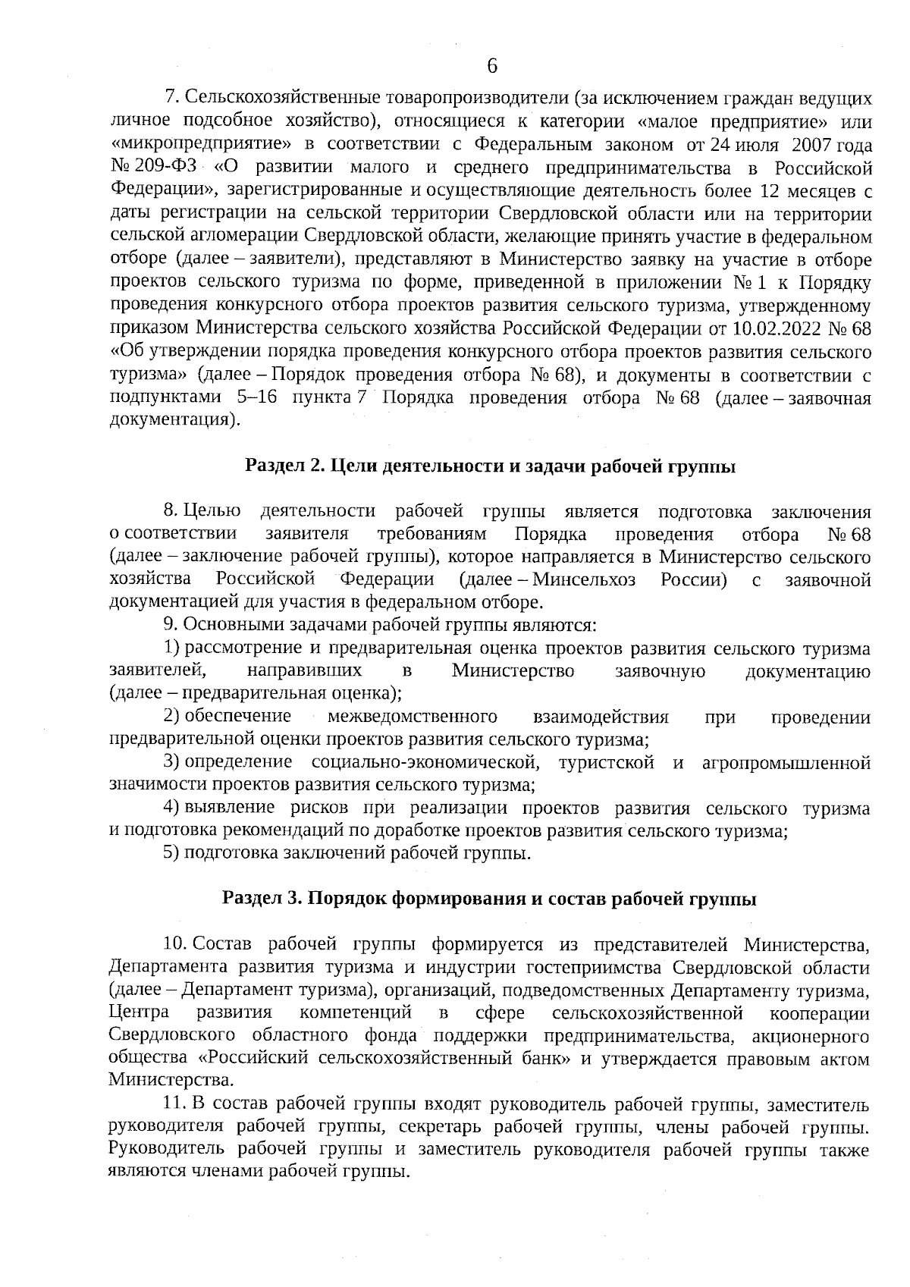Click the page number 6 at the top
pos(491,67)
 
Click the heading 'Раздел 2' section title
pos(491,466)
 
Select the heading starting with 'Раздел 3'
pos(489,899)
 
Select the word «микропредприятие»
pos(201,145)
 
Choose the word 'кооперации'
pos(819,1012)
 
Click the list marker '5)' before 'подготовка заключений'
pos(170,853)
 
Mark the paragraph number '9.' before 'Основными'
pos(170,625)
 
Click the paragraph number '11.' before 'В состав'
pos(175,1103)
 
